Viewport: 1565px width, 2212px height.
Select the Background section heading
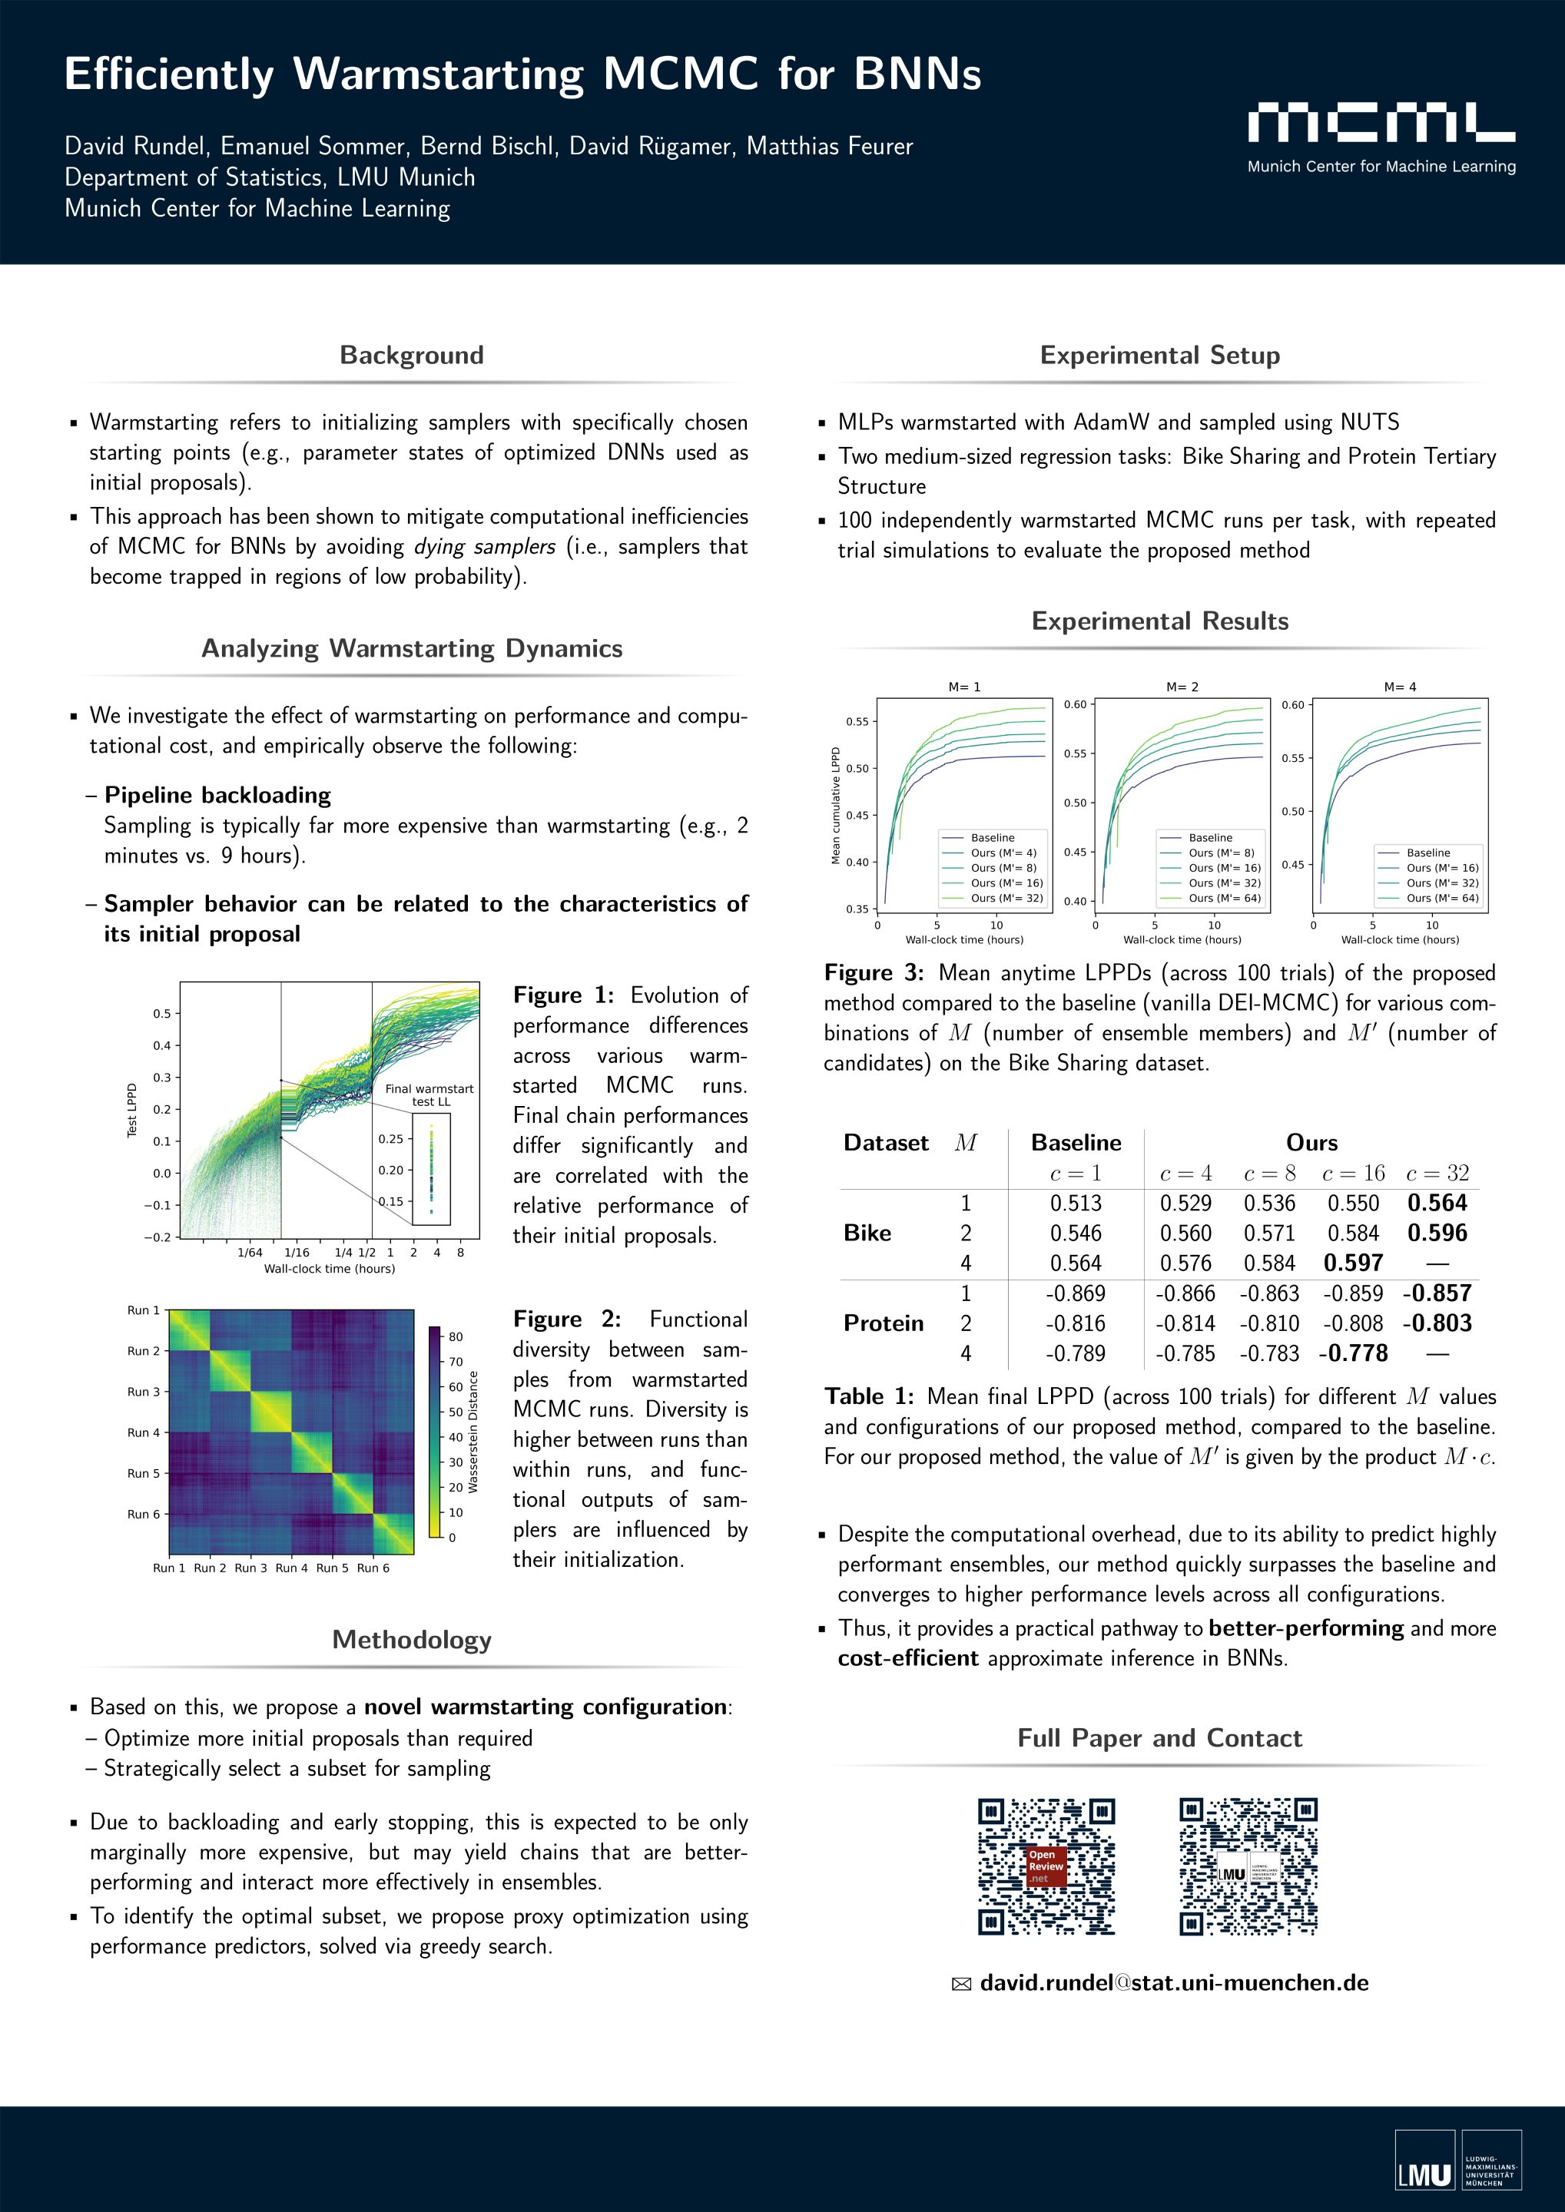tap(412, 355)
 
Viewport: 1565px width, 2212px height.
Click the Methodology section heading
tap(412, 1639)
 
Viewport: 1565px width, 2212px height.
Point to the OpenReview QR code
tap(1046, 1866)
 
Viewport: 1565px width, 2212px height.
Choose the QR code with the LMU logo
tap(1248, 1866)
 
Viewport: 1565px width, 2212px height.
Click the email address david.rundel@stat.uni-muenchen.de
tap(1174, 1982)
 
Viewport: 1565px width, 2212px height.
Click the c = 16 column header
tap(1353, 1173)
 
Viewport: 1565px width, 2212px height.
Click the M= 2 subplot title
tap(1182, 687)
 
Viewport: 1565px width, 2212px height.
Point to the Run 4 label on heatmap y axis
tap(144, 1432)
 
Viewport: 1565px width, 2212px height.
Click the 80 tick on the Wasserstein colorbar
tap(456, 1336)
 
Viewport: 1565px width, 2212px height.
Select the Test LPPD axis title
tap(132, 1110)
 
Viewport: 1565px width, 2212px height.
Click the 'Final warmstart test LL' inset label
tap(429, 1094)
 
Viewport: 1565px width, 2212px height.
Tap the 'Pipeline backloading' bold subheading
tap(217, 795)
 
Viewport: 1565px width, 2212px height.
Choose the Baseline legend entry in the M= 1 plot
tap(992, 837)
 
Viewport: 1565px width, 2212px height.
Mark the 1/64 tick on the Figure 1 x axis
tap(250, 1253)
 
